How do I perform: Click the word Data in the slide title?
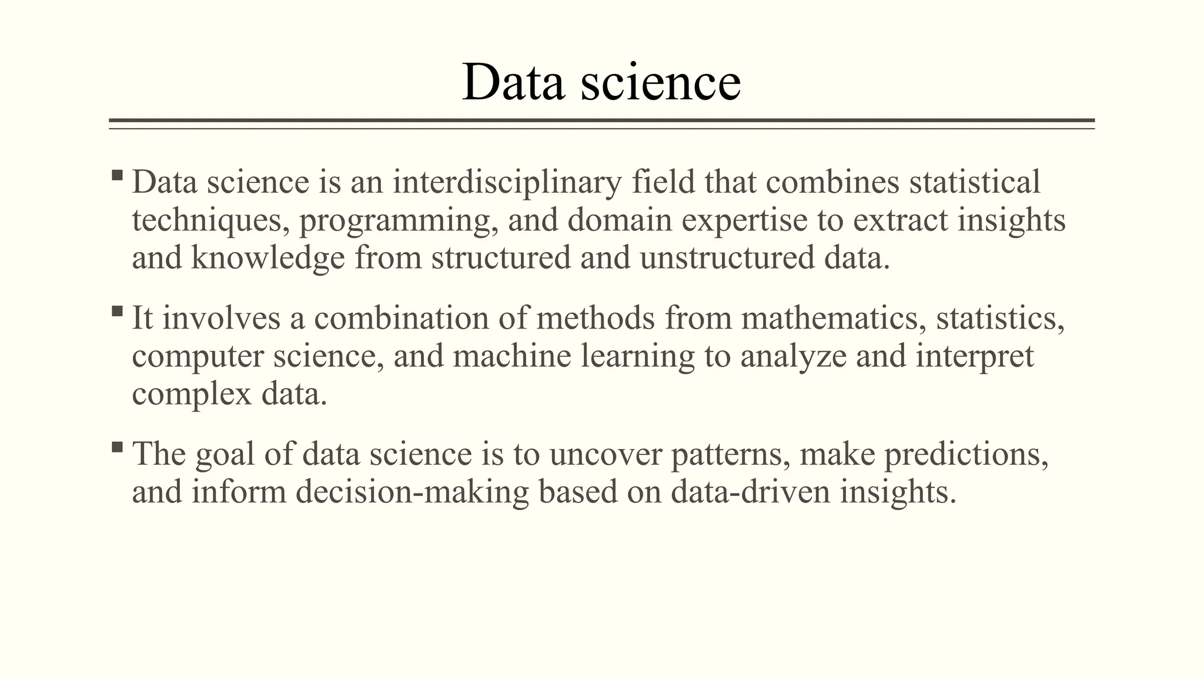(513, 82)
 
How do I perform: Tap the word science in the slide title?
(661, 82)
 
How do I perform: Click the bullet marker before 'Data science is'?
(117, 175)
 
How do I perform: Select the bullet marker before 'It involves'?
(117, 311)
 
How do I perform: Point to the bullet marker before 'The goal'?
(117, 447)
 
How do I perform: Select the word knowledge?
(268, 259)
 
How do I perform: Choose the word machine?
(511, 356)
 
